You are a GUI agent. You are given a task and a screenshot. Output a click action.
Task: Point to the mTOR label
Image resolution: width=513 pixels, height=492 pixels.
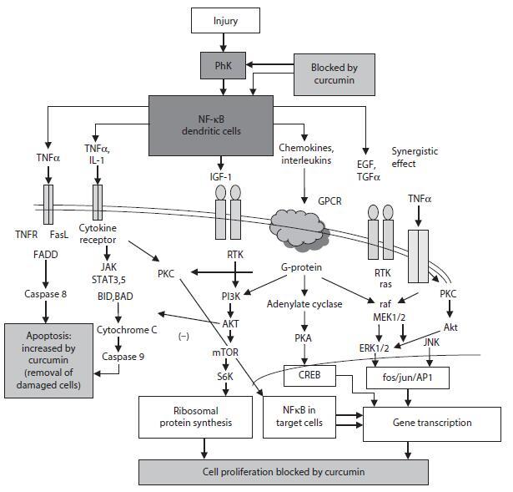click(x=225, y=353)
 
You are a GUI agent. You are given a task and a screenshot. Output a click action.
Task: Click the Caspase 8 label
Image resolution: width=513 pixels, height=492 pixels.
click(x=46, y=293)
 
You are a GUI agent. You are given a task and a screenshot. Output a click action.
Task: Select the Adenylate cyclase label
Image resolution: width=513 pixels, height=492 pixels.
click(x=304, y=304)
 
